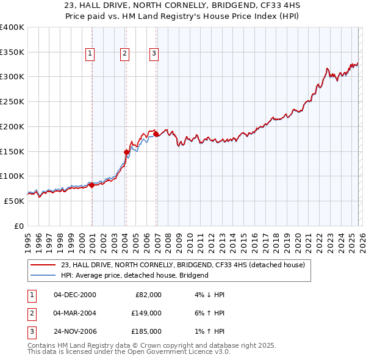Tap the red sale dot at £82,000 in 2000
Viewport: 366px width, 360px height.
[91, 185]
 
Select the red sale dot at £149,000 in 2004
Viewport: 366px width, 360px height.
[126, 152]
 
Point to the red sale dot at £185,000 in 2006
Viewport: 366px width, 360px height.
[156, 134]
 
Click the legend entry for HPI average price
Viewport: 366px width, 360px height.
[134, 275]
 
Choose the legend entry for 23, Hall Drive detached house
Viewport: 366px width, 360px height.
[186, 265]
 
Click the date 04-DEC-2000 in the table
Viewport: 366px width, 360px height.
[75, 295]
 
